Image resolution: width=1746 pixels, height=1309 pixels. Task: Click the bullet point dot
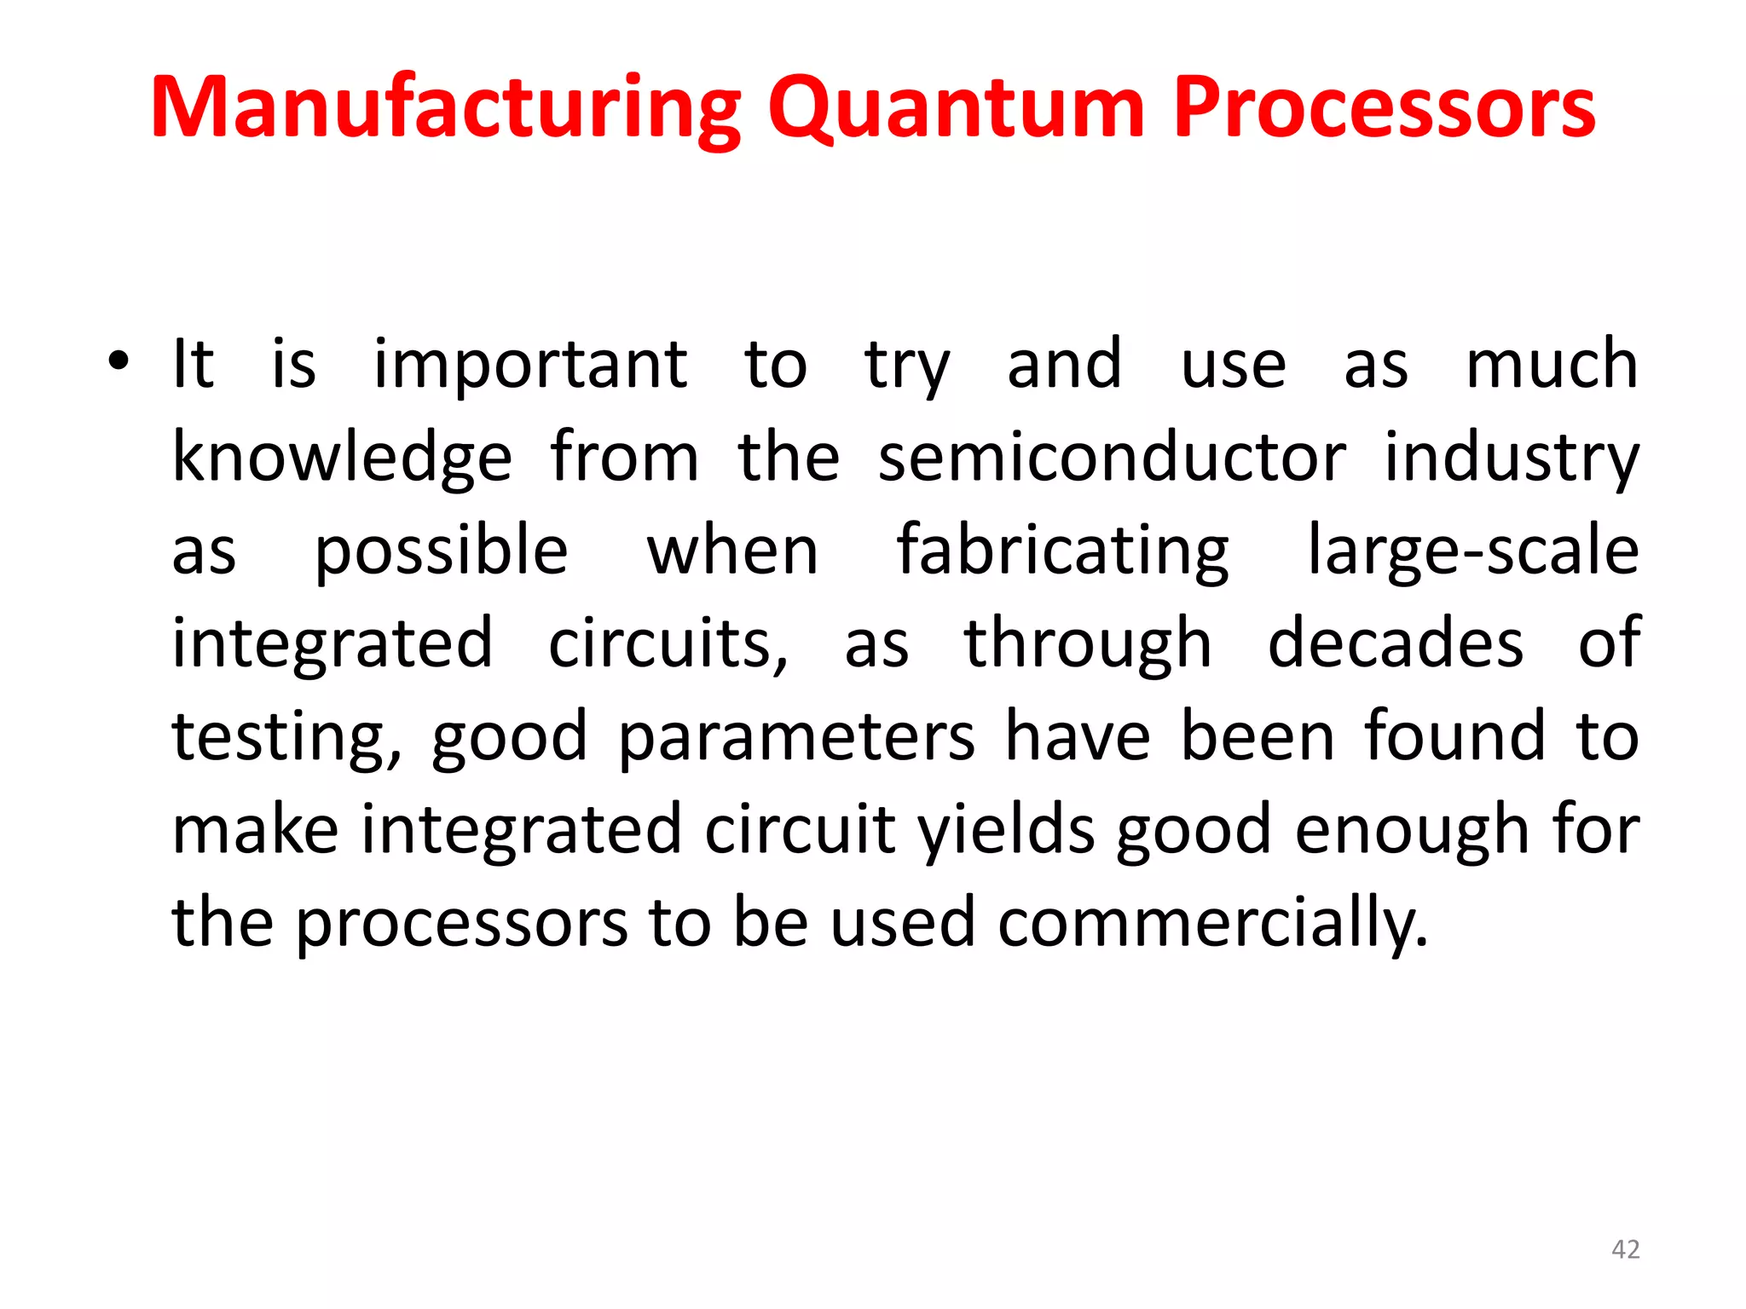119,361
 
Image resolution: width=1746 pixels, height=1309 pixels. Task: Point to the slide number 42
1625,1249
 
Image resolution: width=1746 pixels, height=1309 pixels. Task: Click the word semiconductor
1112,458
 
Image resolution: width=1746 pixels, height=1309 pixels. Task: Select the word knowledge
342,458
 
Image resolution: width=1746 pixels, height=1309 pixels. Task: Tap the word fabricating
1062,551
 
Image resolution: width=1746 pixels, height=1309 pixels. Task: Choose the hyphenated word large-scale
1472,551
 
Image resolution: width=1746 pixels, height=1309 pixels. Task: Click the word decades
1395,643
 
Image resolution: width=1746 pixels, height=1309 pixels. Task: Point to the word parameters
795,737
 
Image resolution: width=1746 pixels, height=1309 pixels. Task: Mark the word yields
1006,830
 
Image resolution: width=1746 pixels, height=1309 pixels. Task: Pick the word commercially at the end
1211,923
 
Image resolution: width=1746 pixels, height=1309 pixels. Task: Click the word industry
1511,458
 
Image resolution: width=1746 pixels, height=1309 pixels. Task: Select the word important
530,366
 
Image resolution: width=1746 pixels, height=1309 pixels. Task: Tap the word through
1087,644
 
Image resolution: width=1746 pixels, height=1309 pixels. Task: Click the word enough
1412,831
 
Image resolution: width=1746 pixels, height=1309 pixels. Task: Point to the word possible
441,551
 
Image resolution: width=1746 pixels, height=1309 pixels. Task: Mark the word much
1552,364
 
